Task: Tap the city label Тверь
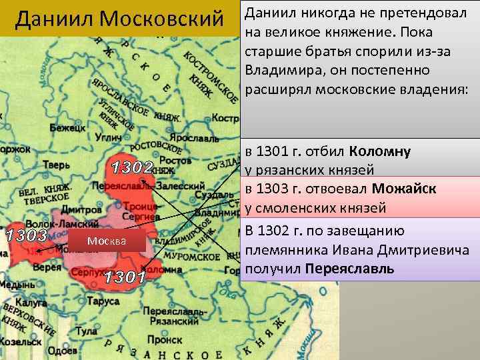[x=55, y=165]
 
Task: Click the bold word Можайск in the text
[x=405, y=189]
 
